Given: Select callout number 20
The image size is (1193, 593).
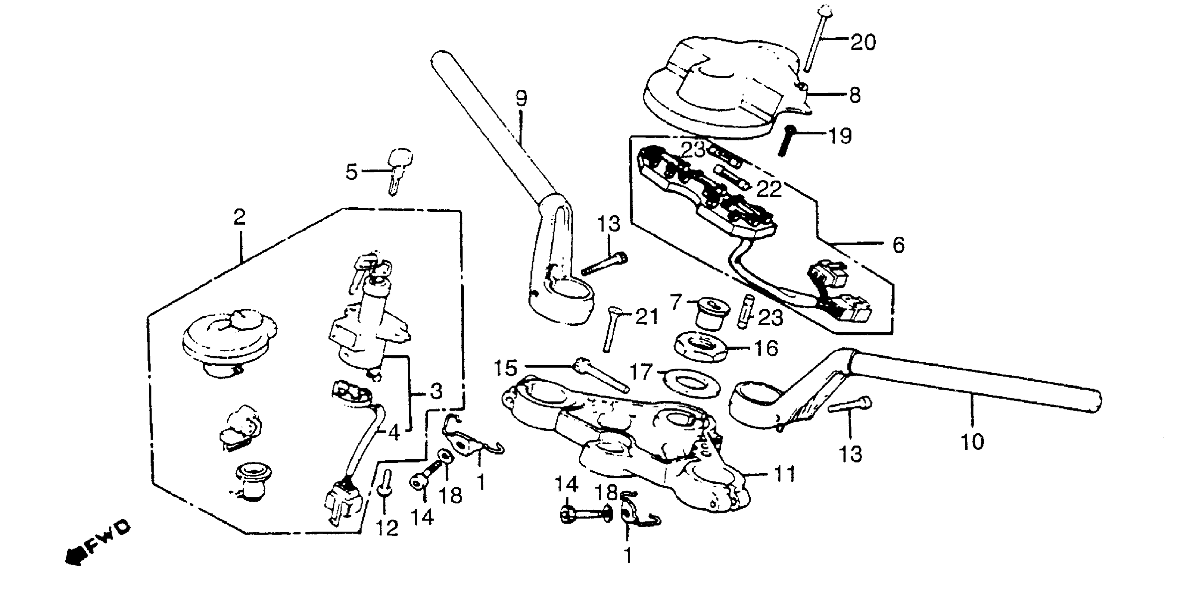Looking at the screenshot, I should point(863,43).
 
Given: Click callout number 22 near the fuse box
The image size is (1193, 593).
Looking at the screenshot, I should point(769,189).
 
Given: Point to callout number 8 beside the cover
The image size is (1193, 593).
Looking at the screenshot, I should point(855,95).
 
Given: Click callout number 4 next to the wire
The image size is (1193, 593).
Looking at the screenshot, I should point(394,433).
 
